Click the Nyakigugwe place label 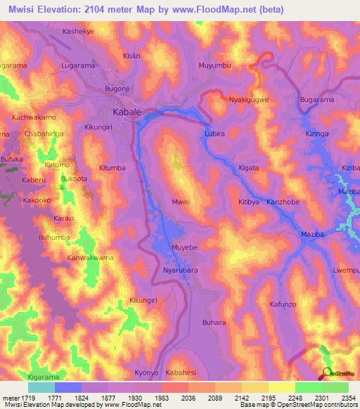click(249, 100)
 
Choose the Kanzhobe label click(283, 202)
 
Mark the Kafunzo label click(285, 304)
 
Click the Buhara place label click(214, 322)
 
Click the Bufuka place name click(12, 160)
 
